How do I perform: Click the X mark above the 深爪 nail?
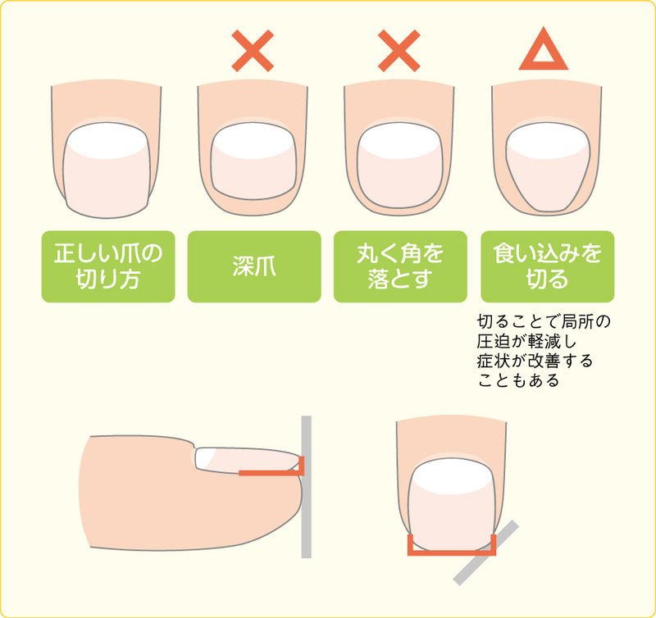pos(253,51)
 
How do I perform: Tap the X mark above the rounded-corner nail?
pos(399,51)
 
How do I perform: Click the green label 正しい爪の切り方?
pos(108,266)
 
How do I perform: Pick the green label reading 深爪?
pos(254,266)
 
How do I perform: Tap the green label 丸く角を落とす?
pos(400,266)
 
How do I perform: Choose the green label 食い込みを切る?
pos(548,266)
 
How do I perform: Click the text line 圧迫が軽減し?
pos(527,341)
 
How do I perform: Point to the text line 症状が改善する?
pos(535,361)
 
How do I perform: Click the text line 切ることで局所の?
pos(544,321)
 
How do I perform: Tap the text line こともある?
pos(519,380)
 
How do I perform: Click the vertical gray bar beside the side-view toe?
pos(306,487)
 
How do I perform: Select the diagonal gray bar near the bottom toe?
pos(486,552)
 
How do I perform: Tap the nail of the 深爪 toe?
pos(253,161)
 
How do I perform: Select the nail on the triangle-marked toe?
pos(548,166)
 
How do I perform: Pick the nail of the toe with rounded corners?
pos(399,166)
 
